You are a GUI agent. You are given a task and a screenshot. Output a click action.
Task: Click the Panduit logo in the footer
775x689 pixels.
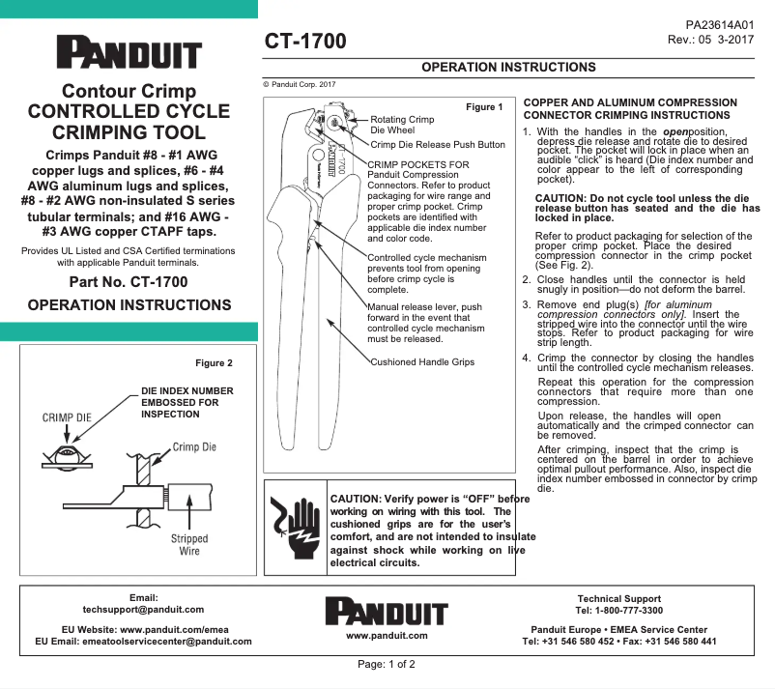pyautogui.click(x=387, y=612)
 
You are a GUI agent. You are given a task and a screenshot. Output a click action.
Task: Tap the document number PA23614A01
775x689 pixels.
pyautogui.click(x=719, y=25)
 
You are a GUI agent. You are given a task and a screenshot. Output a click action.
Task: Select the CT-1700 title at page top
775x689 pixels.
pyautogui.click(x=305, y=42)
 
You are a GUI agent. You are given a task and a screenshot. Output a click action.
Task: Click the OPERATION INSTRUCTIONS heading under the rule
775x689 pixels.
pyautogui.click(x=509, y=68)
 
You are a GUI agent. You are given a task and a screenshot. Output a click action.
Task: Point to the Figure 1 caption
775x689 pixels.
pyautogui.click(x=484, y=106)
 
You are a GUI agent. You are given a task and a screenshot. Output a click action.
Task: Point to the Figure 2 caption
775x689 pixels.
pyautogui.click(x=215, y=363)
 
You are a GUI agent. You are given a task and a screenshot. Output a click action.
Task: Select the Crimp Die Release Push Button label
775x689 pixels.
pyautogui.click(x=438, y=145)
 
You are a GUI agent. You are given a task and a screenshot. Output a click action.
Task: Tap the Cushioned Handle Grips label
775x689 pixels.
pyautogui.click(x=422, y=362)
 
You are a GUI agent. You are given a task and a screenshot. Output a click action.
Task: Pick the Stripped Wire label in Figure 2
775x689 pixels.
pyautogui.click(x=189, y=545)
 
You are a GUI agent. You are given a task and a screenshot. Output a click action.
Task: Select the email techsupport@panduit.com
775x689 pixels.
pyautogui.click(x=143, y=610)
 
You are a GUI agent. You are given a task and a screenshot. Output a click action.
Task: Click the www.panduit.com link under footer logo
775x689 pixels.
pyautogui.click(x=387, y=636)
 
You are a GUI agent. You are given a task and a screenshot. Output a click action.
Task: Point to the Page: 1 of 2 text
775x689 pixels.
pyautogui.click(x=387, y=665)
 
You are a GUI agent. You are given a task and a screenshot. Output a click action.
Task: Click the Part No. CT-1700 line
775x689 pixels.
pyautogui.click(x=129, y=282)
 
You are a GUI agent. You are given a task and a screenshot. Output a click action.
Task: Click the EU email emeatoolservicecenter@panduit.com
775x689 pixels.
pyautogui.click(x=143, y=641)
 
